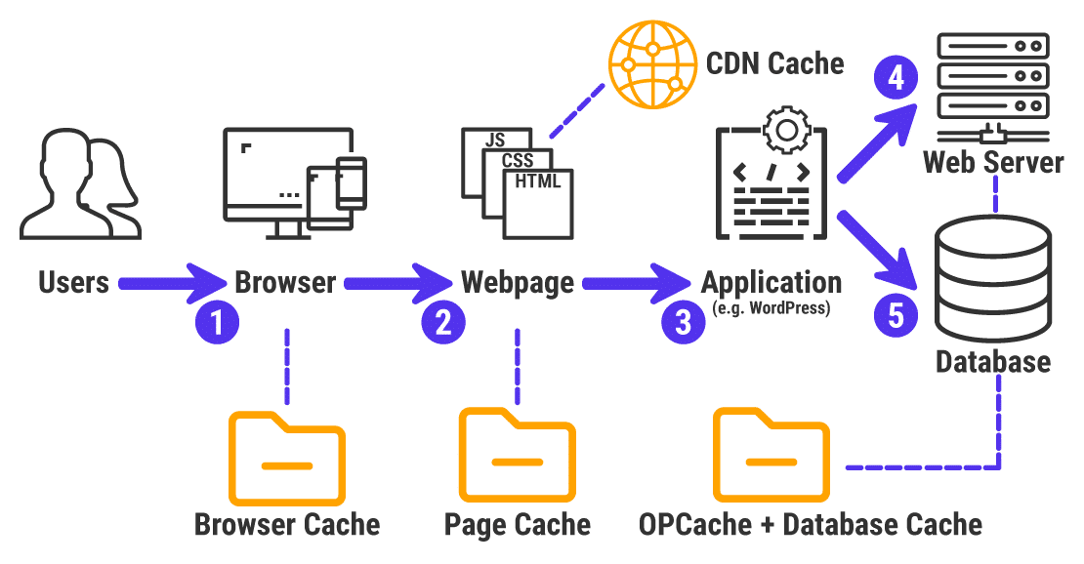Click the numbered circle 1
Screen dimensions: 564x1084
pos(217,322)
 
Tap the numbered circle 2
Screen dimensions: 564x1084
pos(442,322)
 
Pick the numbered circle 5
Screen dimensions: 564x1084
pos(896,313)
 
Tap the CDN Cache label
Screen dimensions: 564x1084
pos(774,63)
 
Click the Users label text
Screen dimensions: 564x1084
pos(73,283)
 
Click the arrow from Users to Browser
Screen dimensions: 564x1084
pos(172,283)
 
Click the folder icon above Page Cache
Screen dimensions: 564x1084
pos(517,454)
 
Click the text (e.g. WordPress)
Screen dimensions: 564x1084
pos(771,310)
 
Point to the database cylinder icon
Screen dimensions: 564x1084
pos(992,277)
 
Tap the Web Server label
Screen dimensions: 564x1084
pos(993,161)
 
